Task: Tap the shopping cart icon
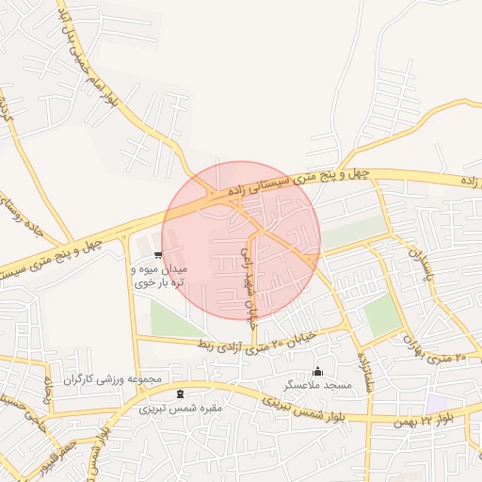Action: tap(157, 254)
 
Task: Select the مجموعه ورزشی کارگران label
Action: tap(113, 378)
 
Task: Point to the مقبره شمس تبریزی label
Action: tap(180, 409)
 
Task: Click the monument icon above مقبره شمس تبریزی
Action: tap(180, 393)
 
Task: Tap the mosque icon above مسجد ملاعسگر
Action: tap(317, 371)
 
